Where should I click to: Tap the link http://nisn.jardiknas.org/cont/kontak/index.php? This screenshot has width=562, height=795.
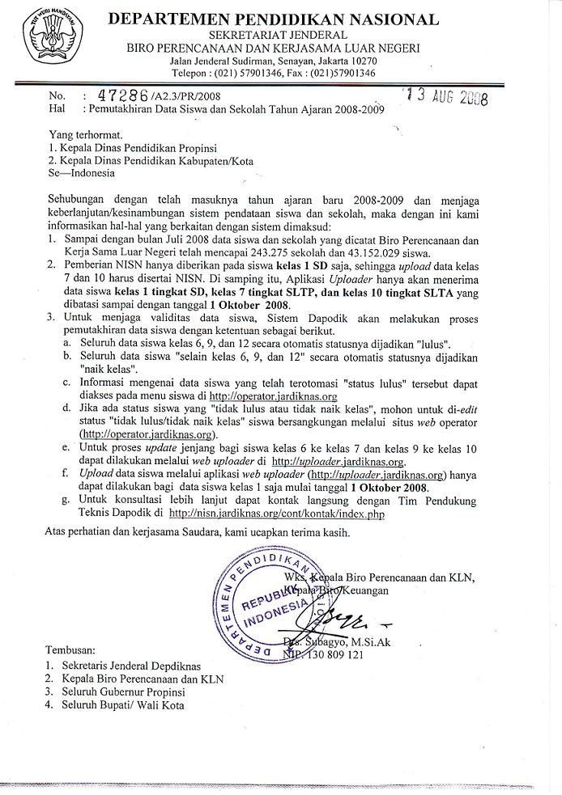tap(276, 513)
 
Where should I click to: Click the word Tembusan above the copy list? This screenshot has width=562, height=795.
tap(70, 649)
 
